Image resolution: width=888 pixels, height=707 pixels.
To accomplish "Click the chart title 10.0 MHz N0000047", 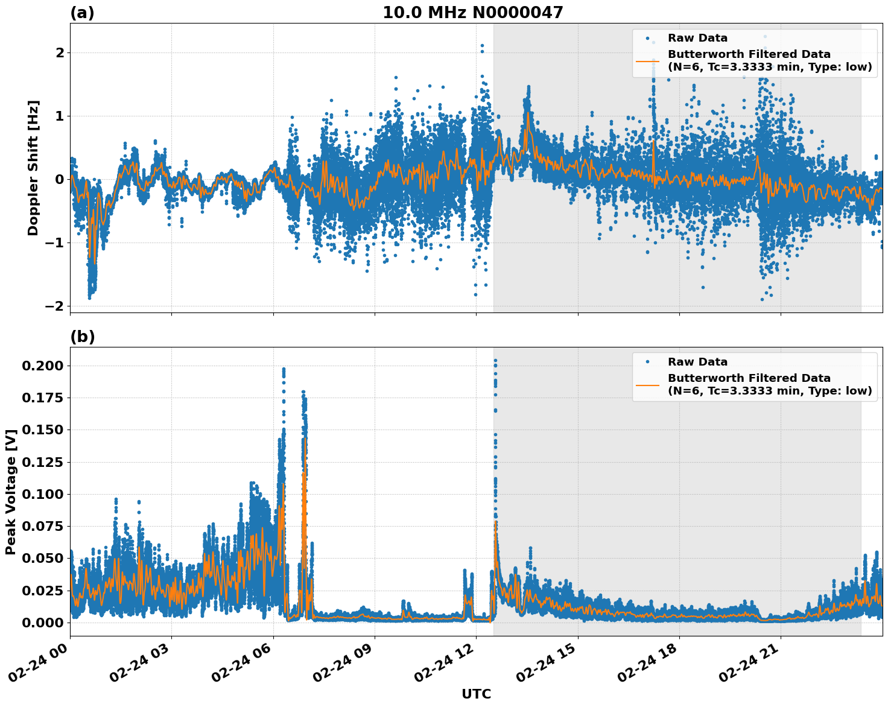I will pyautogui.click(x=472, y=13).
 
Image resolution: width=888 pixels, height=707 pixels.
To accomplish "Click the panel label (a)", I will pyautogui.click(x=82, y=13).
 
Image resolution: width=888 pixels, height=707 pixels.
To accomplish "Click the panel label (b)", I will pyautogui.click(x=82, y=337).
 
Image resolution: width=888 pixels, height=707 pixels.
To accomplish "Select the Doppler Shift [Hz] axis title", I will pyautogui.click(x=33, y=168).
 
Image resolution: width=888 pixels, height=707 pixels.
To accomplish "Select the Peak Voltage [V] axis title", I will pyautogui.click(x=11, y=492).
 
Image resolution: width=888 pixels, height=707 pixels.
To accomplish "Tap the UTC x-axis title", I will pyautogui.click(x=476, y=694).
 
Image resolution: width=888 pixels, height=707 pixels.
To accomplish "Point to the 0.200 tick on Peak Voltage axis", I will pyautogui.click(x=42, y=366).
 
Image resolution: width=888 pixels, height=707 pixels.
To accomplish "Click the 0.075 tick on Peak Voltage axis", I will pyautogui.click(x=42, y=526).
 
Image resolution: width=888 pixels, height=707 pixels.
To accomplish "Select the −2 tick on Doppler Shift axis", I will pyautogui.click(x=54, y=306).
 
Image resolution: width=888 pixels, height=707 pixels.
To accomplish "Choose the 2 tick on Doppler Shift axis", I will pyautogui.click(x=60, y=52).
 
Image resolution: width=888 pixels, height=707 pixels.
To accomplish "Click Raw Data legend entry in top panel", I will pyautogui.click(x=697, y=38).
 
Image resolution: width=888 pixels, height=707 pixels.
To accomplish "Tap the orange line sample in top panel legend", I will pyautogui.click(x=647, y=61).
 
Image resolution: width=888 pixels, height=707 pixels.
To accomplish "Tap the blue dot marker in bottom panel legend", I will pyautogui.click(x=647, y=362).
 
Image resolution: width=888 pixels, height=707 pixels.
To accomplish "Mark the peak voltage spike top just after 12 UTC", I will pyautogui.click(x=495, y=361).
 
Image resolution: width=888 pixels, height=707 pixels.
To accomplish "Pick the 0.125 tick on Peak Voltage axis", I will pyautogui.click(x=42, y=462).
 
